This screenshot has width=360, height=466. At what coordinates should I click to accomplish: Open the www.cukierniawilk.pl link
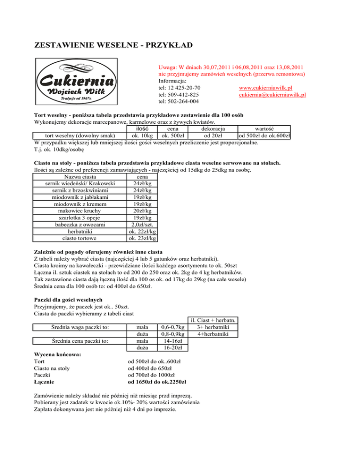[x=265, y=88]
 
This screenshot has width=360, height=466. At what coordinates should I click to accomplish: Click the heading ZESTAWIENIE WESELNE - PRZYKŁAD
[x=113, y=45]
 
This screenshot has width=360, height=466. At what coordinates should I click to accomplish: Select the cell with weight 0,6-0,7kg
[x=172, y=327]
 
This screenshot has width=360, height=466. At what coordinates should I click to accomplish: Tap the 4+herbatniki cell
[x=213, y=334]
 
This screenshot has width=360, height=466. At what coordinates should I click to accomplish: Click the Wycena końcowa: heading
[x=58, y=354]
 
